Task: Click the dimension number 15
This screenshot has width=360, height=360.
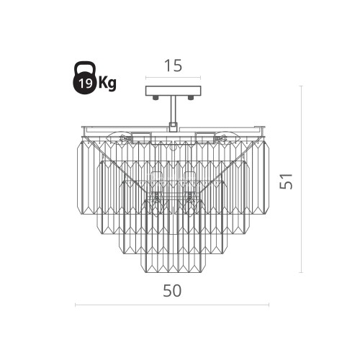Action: [174, 66]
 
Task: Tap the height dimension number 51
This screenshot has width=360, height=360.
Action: [287, 181]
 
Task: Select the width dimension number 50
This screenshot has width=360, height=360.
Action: [172, 291]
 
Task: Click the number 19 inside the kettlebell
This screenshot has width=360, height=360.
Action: [86, 84]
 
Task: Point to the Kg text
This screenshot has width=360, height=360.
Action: [107, 84]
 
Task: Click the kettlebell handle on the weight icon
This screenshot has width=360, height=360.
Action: [84, 67]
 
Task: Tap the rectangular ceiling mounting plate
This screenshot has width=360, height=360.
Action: [174, 91]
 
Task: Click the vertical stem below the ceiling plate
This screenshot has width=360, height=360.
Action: [174, 109]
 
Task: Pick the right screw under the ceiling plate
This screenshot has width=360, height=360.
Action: [191, 97]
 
